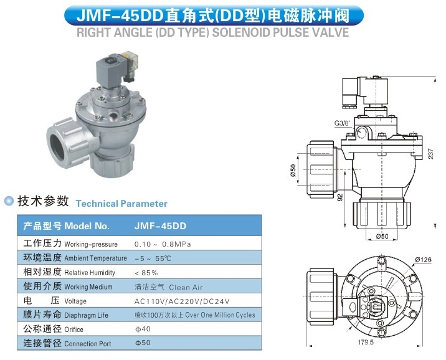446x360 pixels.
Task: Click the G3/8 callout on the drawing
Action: [x=342, y=123]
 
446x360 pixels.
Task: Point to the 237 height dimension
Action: [x=430, y=154]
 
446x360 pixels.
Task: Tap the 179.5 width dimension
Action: [x=366, y=342]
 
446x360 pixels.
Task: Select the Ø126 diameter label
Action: [x=423, y=259]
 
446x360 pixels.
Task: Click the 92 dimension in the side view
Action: [x=340, y=197]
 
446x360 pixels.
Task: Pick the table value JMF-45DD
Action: [x=160, y=226]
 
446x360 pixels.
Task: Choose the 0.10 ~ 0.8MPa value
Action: [x=163, y=244]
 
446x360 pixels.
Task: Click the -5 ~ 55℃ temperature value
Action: [x=153, y=258]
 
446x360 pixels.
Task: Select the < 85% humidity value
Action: [x=146, y=273]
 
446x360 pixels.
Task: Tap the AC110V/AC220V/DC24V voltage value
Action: [x=182, y=301]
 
